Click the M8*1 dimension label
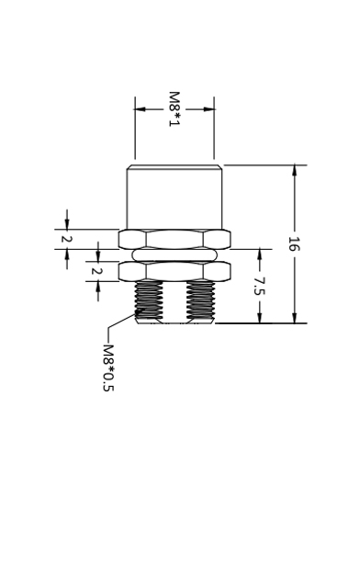[x=174, y=108]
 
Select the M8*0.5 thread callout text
[x=108, y=367]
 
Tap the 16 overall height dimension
[x=294, y=243]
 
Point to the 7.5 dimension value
[x=259, y=286]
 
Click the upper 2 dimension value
[x=67, y=239]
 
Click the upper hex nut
[x=174, y=239]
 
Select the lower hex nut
[x=174, y=271]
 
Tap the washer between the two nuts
[x=174, y=255]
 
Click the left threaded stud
[x=149, y=302]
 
